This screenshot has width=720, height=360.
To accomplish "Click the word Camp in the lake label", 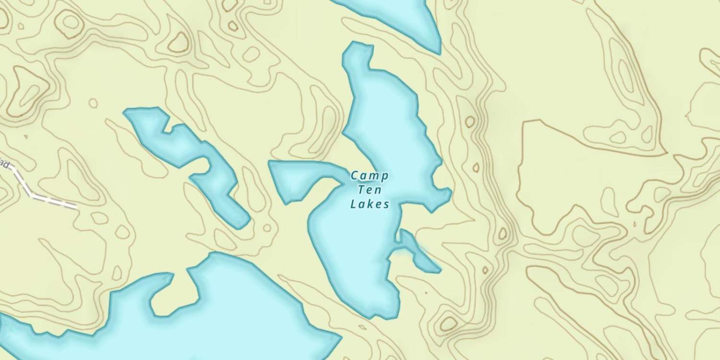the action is pos(369,176).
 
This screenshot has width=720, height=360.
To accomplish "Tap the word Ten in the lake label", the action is pos(369,190).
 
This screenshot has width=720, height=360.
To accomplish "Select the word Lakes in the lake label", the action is pos(369,204).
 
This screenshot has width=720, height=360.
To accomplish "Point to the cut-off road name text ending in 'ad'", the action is pos(4,165).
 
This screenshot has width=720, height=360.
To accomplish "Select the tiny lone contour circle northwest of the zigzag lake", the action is pos(93,103).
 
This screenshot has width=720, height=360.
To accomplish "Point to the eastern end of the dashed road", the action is pos(75,207).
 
